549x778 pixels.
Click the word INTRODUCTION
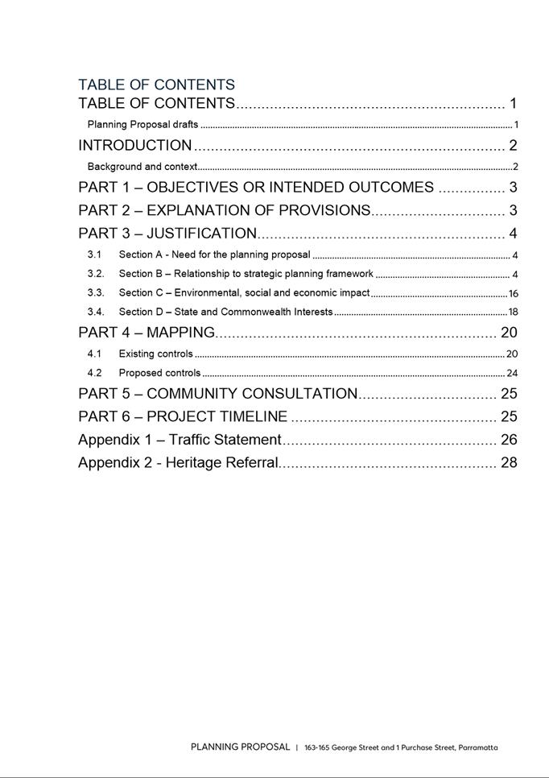tap(134, 146)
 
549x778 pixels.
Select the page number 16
tap(513, 294)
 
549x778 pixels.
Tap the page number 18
tap(513, 312)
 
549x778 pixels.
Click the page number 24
tap(512, 374)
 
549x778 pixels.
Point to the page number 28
tap(509, 462)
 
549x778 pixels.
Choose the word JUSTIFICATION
tap(201, 234)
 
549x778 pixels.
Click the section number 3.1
tap(94, 255)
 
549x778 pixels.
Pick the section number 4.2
tap(94, 373)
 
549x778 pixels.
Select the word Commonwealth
tap(258, 312)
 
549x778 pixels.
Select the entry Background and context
tap(142, 167)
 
